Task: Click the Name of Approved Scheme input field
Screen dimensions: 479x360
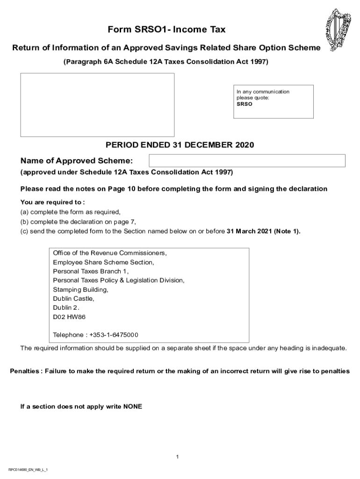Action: [247, 160]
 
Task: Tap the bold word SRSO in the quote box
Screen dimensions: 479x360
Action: [244, 104]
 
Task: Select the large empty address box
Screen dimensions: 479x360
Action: [97, 105]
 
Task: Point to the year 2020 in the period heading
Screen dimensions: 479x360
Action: [244, 145]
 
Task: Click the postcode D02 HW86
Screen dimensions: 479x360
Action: [69, 317]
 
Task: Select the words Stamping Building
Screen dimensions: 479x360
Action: [80, 290]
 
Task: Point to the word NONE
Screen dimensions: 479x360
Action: [132, 406]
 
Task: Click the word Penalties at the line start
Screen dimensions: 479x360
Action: [25, 371]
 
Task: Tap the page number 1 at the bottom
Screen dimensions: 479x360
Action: [178, 457]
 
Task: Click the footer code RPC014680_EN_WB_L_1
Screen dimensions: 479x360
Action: [28, 469]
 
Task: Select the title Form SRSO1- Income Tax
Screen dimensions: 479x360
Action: [166, 30]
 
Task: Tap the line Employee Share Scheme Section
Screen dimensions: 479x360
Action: [103, 262]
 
